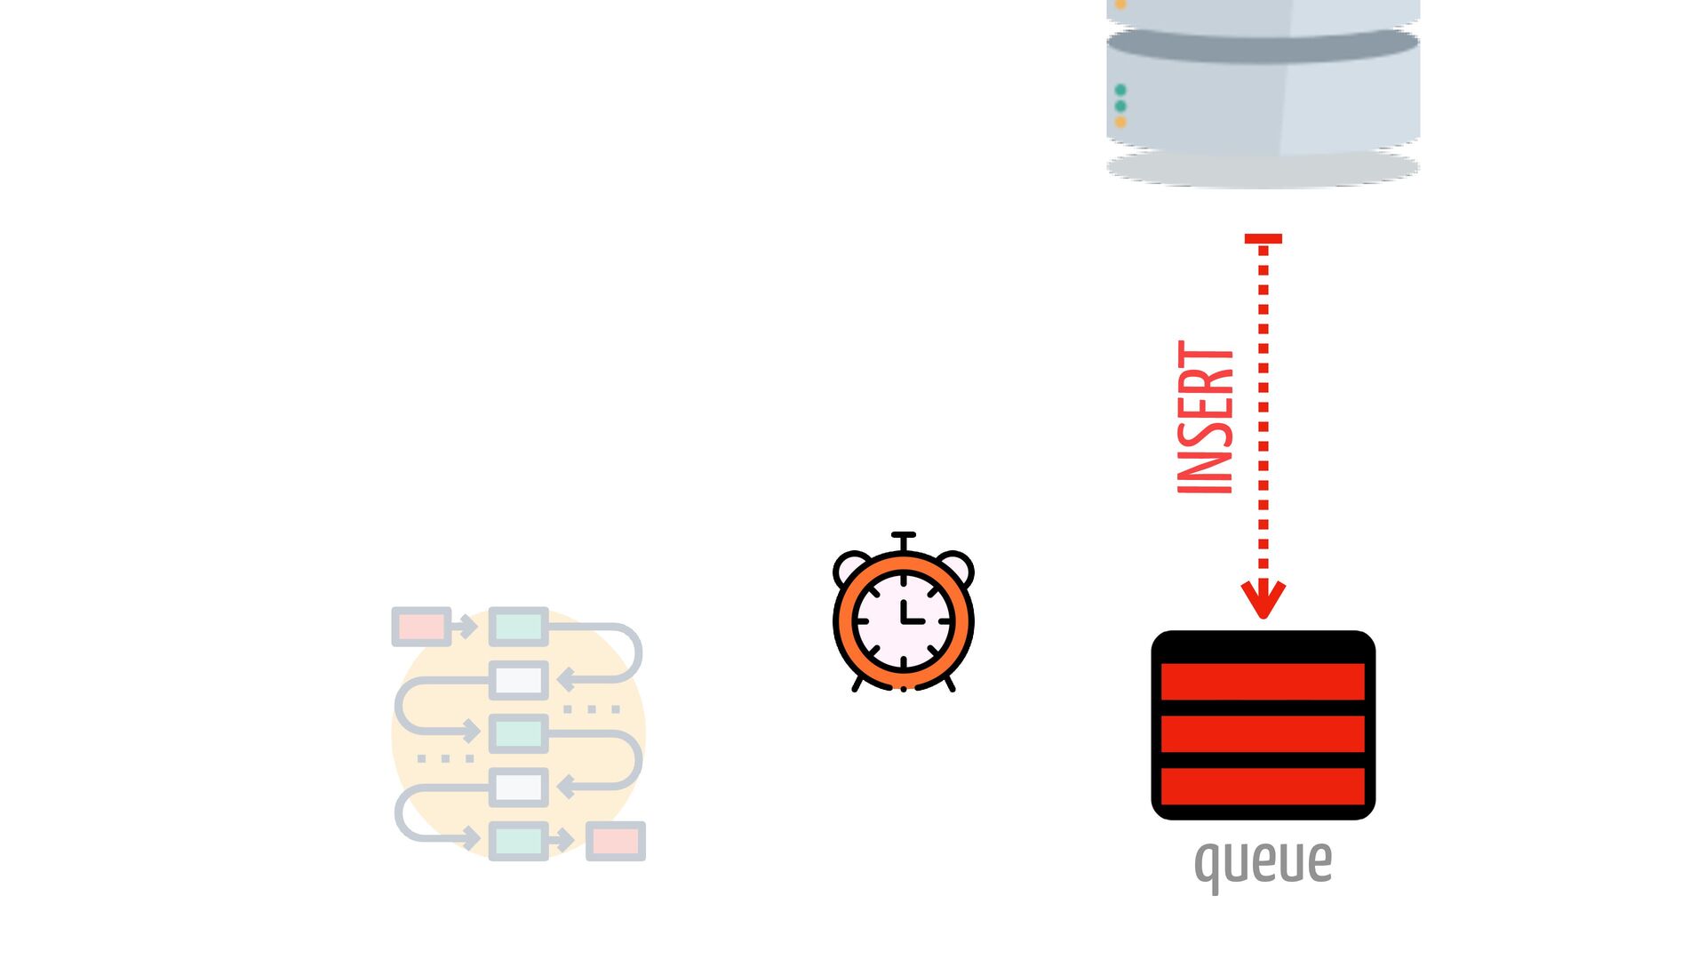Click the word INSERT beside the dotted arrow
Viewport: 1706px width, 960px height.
pyautogui.click(x=1205, y=418)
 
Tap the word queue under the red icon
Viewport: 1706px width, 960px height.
pyautogui.click(x=1263, y=862)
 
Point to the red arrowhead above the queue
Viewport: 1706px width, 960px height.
pyautogui.click(x=1263, y=599)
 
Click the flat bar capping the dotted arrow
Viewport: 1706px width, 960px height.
pyautogui.click(x=1263, y=238)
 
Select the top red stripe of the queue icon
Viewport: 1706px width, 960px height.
pyautogui.click(x=1263, y=681)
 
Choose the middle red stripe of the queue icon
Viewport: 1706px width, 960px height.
pyautogui.click(x=1263, y=733)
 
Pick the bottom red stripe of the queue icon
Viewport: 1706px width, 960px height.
pyautogui.click(x=1263, y=787)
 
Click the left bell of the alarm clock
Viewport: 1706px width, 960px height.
pyautogui.click(x=851, y=566)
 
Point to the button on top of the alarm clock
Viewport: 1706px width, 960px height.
pyautogui.click(x=904, y=537)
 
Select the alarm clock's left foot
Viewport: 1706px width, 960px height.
pyautogui.click(x=857, y=684)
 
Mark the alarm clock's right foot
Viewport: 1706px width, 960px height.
pyautogui.click(x=950, y=684)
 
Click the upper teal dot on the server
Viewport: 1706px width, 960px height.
pyautogui.click(x=1120, y=90)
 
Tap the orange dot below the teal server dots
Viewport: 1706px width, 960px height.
pyautogui.click(x=1120, y=122)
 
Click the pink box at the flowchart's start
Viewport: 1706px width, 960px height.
pyautogui.click(x=421, y=627)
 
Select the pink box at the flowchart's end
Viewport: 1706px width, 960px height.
pyautogui.click(x=616, y=841)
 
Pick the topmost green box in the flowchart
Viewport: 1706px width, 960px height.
pyautogui.click(x=519, y=627)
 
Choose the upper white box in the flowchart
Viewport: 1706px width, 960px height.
pyautogui.click(x=519, y=681)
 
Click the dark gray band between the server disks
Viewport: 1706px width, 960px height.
pyautogui.click(x=1263, y=46)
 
